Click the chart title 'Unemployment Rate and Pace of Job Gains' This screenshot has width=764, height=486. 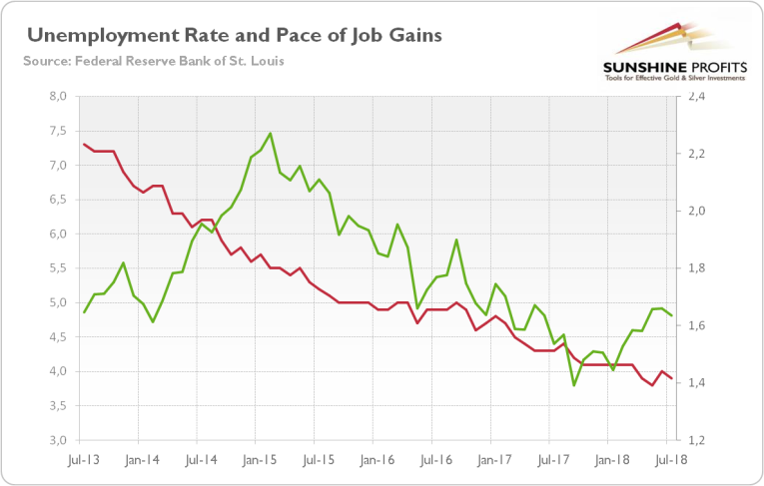(235, 36)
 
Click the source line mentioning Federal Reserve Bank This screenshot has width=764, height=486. (153, 61)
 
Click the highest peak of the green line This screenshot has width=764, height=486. (271, 133)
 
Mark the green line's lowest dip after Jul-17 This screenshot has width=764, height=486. (574, 385)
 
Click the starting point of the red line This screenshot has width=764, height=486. (84, 145)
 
